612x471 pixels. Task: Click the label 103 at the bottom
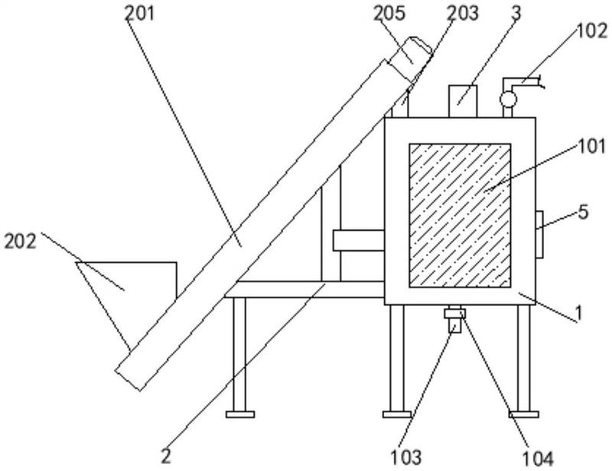tap(405, 457)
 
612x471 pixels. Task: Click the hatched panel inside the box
tap(460, 215)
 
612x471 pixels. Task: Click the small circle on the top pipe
tap(506, 98)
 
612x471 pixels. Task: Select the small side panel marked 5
tap(539, 233)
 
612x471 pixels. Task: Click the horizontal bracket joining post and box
tap(357, 240)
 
